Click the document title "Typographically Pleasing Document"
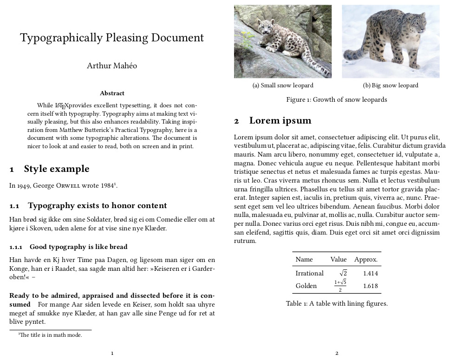[112, 38]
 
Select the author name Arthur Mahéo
[112, 65]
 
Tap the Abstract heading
[112, 93]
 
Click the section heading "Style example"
[56, 169]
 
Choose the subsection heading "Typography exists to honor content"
[97, 205]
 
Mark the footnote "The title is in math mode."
[51, 335]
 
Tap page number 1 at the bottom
[112, 353]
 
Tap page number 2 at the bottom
[337, 353]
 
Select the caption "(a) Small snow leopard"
[283, 85]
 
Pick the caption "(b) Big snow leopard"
[390, 85]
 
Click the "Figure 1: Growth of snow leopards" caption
[337, 99]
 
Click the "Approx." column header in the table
[366, 260]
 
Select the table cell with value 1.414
[370, 274]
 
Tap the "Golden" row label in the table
[306, 286]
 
